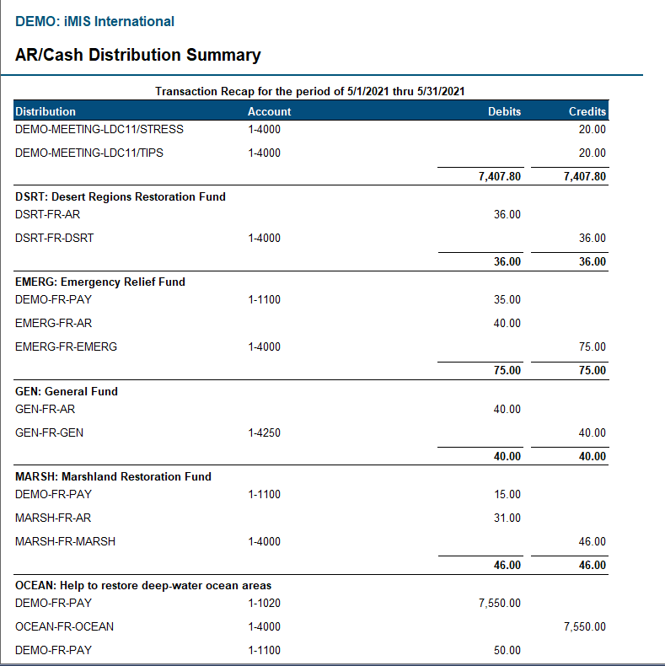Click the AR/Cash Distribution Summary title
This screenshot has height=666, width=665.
pyautogui.click(x=138, y=56)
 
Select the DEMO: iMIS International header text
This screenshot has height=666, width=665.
pyautogui.click(x=95, y=22)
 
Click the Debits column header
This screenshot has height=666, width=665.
pyautogui.click(x=504, y=111)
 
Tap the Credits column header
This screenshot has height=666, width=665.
pyautogui.click(x=587, y=111)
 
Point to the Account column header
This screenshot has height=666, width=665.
pyautogui.click(x=269, y=111)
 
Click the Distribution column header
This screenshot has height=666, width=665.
pyautogui.click(x=46, y=111)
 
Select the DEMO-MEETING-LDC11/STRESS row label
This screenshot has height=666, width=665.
pyautogui.click(x=99, y=130)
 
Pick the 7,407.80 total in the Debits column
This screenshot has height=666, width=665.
pyautogui.click(x=500, y=177)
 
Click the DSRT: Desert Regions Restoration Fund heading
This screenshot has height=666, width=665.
pyautogui.click(x=121, y=196)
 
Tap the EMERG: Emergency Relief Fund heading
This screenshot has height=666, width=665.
pyautogui.click(x=100, y=282)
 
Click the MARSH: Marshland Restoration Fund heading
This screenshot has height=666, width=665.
pyautogui.click(x=113, y=476)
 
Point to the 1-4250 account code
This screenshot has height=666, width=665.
pyautogui.click(x=264, y=433)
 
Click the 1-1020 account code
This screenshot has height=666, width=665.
pyautogui.click(x=264, y=604)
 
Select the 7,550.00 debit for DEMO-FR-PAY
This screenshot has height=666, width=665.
pyautogui.click(x=500, y=604)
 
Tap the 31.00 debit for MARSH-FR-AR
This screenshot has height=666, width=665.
pyautogui.click(x=507, y=518)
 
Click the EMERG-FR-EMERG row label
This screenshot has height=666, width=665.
pyautogui.click(x=67, y=347)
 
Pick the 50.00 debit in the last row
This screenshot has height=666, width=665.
pyautogui.click(x=507, y=651)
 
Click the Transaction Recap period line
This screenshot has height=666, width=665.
pyautogui.click(x=311, y=91)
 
